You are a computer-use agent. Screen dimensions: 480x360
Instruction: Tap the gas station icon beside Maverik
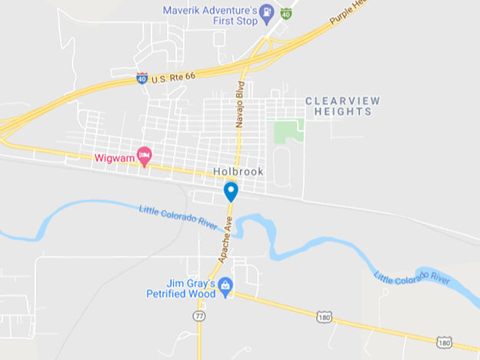click(x=267, y=12)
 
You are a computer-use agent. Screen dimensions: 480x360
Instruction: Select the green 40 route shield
click(x=286, y=13)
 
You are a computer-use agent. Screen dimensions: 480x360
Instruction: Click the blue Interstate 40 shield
click(x=142, y=78)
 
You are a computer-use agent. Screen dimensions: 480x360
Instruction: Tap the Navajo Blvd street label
click(x=240, y=102)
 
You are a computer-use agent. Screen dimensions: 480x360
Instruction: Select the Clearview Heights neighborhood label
click(x=342, y=106)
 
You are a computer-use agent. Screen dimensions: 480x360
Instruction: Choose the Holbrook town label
click(x=238, y=172)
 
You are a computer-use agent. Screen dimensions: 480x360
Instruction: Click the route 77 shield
click(x=198, y=315)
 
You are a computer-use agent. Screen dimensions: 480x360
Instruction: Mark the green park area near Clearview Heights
click(x=289, y=131)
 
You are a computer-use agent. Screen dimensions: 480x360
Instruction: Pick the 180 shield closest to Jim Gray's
click(x=323, y=315)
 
